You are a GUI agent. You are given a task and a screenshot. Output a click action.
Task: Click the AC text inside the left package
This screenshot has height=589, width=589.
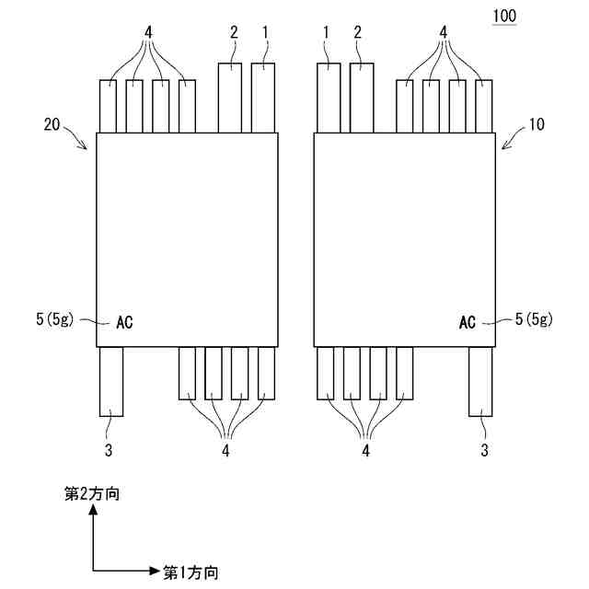click(x=125, y=322)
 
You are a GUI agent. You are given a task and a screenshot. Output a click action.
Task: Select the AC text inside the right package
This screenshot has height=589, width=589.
click(x=467, y=322)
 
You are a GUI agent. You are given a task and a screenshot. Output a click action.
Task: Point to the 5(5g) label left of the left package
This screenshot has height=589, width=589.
click(x=56, y=320)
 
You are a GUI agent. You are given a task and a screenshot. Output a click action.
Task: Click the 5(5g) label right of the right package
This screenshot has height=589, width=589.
click(x=534, y=320)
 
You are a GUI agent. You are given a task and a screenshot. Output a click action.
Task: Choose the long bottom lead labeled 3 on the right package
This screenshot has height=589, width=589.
click(x=481, y=380)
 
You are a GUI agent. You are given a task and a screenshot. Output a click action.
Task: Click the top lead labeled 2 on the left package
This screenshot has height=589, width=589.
click(x=230, y=97)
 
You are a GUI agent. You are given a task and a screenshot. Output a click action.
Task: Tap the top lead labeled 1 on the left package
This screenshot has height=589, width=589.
click(x=263, y=97)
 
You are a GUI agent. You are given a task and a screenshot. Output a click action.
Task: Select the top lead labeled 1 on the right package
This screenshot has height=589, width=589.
click(x=329, y=97)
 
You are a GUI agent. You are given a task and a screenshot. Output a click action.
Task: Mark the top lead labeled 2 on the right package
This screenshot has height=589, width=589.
click(x=362, y=97)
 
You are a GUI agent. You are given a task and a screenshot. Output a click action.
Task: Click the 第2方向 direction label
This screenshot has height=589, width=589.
click(x=92, y=495)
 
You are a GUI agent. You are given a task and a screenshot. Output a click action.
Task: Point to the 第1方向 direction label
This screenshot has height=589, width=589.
click(x=191, y=572)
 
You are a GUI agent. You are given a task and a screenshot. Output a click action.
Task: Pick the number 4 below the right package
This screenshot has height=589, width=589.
click(x=365, y=450)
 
